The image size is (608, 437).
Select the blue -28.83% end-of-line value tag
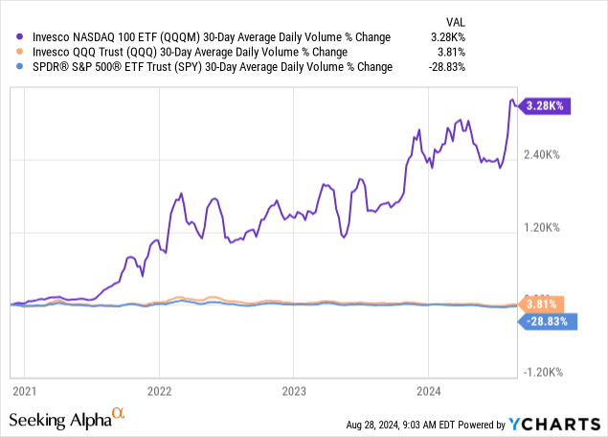point(549,322)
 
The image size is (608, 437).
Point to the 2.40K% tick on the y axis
point(550,155)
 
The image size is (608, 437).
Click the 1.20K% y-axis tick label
point(550,228)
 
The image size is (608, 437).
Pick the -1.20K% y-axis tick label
point(548,373)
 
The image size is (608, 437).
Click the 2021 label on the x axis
point(23,391)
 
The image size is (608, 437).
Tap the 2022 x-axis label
point(159,391)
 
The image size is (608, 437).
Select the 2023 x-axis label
point(294,391)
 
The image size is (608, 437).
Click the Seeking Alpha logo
point(67,420)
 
